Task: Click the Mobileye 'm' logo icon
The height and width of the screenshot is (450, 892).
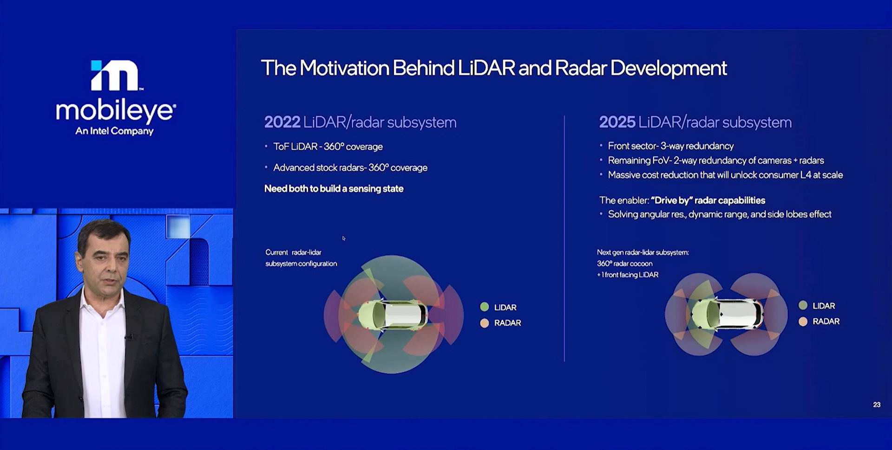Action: [x=115, y=75]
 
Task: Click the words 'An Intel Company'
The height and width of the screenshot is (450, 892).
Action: [x=114, y=131]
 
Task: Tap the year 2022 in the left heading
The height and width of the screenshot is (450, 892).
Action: [x=282, y=122]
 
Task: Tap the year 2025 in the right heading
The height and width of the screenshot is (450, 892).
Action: [x=617, y=122]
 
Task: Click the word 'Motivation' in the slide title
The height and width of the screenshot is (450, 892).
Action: [x=344, y=68]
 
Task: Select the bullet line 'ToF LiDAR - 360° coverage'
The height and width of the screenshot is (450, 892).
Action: [x=328, y=147]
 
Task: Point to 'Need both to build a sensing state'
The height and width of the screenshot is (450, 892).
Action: [x=334, y=188]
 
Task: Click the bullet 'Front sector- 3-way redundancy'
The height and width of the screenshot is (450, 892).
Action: [x=671, y=146]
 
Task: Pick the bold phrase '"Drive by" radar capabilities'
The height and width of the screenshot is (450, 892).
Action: [x=708, y=200]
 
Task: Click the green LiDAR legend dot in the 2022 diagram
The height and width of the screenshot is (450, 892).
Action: [x=485, y=307]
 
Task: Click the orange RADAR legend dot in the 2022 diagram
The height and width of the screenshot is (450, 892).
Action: [x=485, y=323]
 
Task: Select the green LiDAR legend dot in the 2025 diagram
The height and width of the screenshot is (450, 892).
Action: [x=803, y=305]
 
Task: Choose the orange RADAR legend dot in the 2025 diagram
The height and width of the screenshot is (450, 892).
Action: [x=803, y=321]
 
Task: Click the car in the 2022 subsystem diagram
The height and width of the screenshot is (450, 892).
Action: [x=393, y=315]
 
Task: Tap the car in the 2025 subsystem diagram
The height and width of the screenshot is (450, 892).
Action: [x=727, y=314]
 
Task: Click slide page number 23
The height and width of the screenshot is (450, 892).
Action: [x=877, y=405]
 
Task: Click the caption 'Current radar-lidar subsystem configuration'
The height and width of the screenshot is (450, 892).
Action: [x=301, y=258]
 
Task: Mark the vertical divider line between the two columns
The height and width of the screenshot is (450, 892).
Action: [x=564, y=238]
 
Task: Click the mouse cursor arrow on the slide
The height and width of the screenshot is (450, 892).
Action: [x=344, y=238]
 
